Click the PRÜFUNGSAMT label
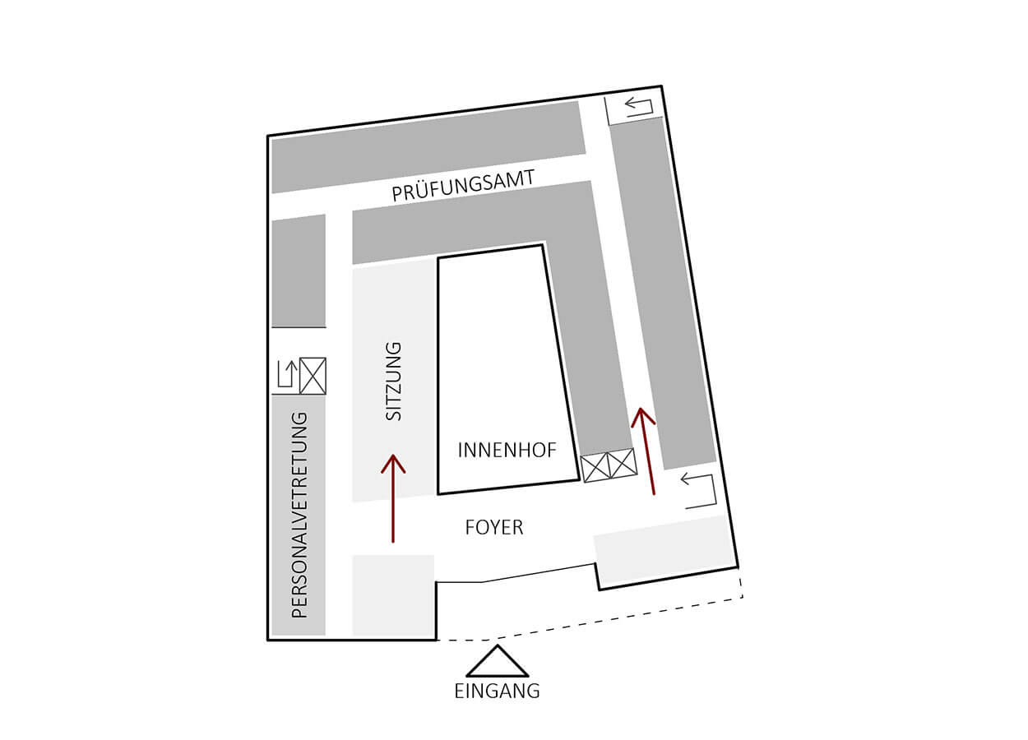[464, 185]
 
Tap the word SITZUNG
[395, 382]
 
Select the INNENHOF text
[507, 451]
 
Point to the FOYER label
[494, 527]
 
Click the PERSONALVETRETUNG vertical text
[299, 515]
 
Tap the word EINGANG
[497, 691]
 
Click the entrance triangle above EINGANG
[497, 661]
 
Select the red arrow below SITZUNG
[393, 498]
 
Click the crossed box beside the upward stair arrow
[313, 376]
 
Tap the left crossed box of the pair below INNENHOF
[595, 466]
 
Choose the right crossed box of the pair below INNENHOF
[623, 462]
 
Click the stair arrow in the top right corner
[638, 105]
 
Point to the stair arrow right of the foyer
[700, 491]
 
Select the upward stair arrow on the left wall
[285, 374]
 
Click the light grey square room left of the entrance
[393, 595]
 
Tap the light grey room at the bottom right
[663, 545]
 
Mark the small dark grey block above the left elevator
[299, 271]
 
